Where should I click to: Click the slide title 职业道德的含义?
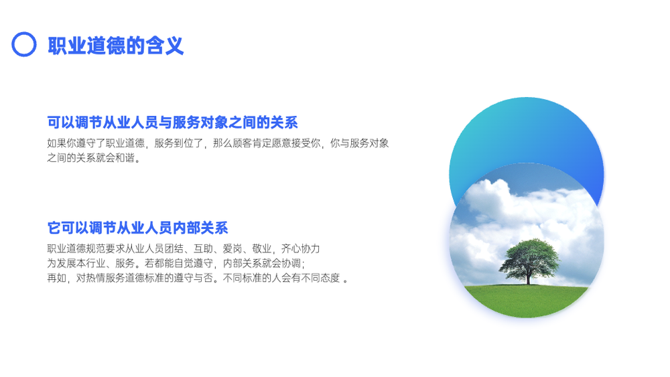(116, 46)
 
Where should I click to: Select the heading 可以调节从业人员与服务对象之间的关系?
(172, 123)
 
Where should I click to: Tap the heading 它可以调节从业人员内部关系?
(137, 228)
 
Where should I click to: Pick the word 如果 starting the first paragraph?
(57, 143)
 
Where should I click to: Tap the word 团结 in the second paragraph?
(174, 248)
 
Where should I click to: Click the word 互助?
(203, 248)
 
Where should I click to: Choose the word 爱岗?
(232, 248)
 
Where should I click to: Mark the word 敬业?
(261, 248)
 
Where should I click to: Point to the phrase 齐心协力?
(300, 248)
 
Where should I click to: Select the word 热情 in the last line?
(96, 278)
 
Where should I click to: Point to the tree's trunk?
(529, 278)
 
